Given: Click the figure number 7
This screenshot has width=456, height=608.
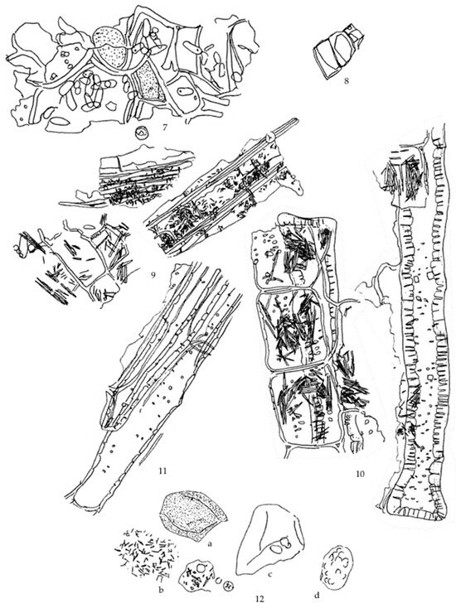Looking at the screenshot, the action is (x=165, y=128).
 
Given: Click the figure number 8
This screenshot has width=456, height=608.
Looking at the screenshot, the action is (x=347, y=80).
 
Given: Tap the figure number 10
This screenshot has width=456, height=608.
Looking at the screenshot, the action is (x=360, y=474).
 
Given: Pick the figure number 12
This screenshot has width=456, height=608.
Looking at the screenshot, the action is (x=260, y=599).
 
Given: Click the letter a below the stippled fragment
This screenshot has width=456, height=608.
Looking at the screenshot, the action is (x=210, y=543).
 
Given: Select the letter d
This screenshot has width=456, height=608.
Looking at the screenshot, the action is (x=317, y=596).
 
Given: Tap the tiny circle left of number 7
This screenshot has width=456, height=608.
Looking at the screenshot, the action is (x=141, y=133).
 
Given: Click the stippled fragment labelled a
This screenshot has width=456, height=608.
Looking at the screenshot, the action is (x=194, y=516).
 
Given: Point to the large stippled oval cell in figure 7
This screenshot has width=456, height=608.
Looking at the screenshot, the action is (x=109, y=44).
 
